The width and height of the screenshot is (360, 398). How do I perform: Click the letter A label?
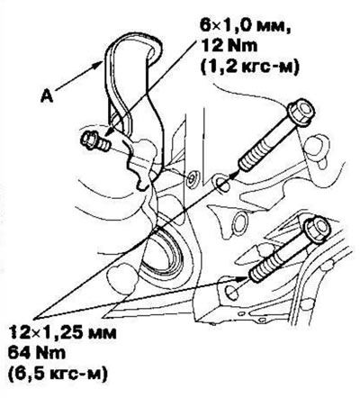[x=47, y=96]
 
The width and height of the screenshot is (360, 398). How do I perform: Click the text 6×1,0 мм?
[x=246, y=26]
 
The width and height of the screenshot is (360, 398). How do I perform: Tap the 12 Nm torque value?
[x=229, y=47]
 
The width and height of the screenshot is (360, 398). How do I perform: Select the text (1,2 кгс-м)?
[x=249, y=68]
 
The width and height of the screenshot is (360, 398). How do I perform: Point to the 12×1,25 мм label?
[x=62, y=333]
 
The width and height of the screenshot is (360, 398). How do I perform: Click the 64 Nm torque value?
[x=37, y=353]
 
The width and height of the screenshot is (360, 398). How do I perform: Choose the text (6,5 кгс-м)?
[x=58, y=374]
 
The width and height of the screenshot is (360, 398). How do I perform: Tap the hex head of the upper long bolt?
[x=301, y=113]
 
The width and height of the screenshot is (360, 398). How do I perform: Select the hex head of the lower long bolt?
[x=318, y=230]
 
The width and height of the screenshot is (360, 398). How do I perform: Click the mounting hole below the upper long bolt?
[x=222, y=184]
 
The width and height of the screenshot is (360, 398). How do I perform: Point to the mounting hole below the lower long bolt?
[x=232, y=293]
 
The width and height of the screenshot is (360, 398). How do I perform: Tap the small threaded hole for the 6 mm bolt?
[x=191, y=176]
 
